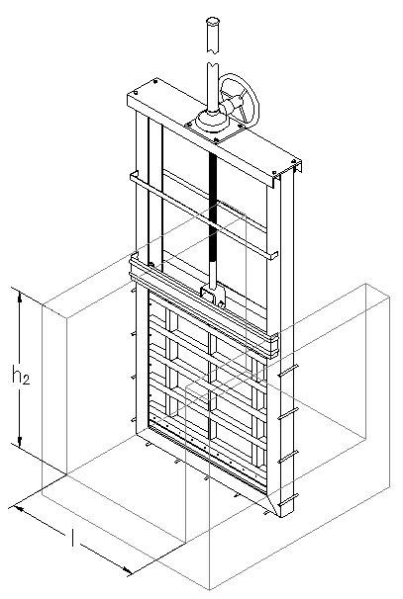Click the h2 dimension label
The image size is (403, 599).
[20, 376]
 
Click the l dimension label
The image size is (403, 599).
[72, 538]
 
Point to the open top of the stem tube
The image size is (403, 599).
[213, 20]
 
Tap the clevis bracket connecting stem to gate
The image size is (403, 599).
[213, 296]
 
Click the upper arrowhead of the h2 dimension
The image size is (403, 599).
[20, 294]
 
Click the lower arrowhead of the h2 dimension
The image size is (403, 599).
[20, 442]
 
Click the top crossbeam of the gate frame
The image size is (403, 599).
[214, 133]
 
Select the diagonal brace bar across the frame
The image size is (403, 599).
[204, 216]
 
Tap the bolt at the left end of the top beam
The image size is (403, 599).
[136, 93]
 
